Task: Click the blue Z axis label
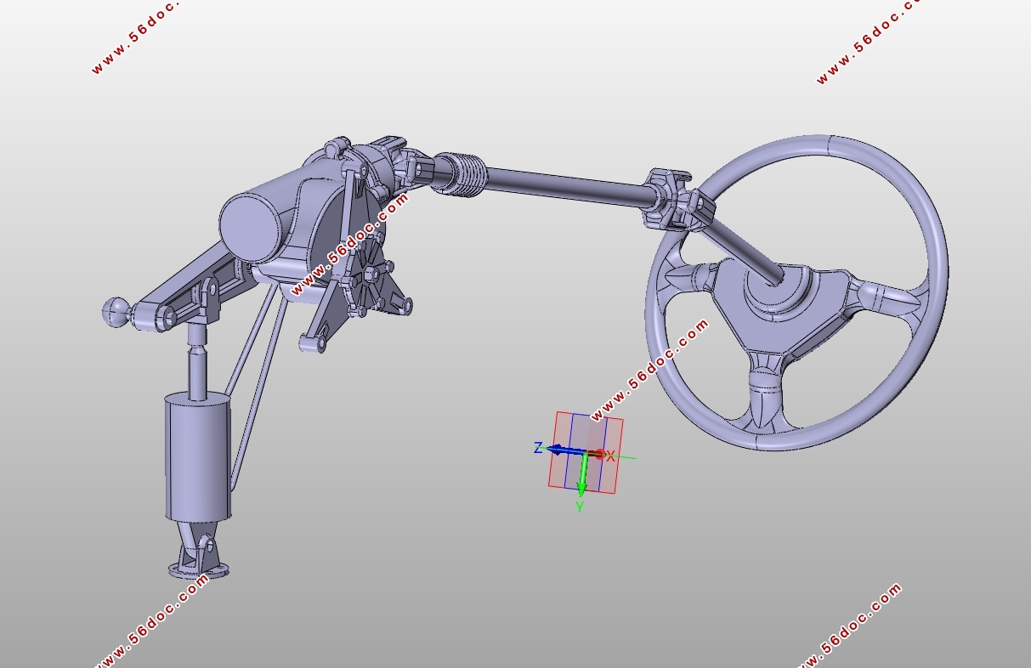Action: click(537, 447)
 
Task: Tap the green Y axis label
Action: click(580, 507)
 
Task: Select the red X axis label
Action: click(610, 456)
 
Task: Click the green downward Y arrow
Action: click(583, 474)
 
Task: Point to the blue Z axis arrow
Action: click(566, 450)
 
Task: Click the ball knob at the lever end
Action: click(116, 312)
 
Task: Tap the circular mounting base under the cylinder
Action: click(199, 570)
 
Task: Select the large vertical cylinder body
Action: click(198, 456)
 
